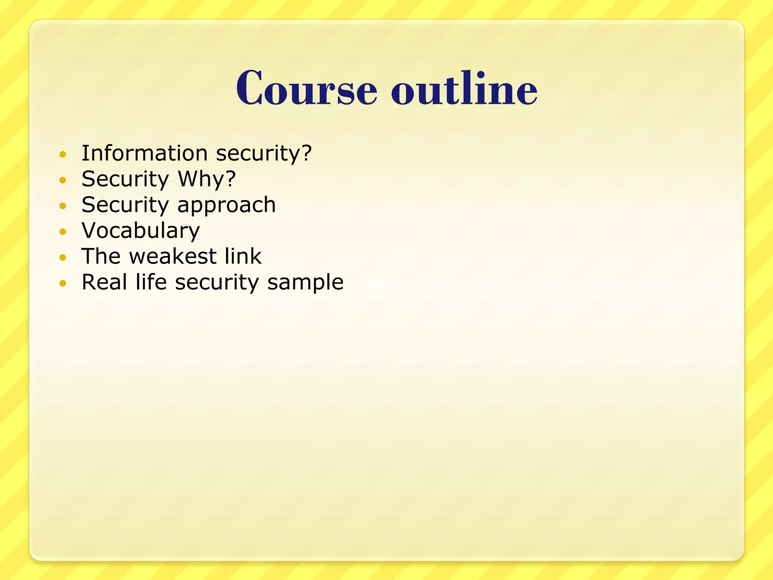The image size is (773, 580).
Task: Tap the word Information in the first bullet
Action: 145,153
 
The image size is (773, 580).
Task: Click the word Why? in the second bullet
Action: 207,179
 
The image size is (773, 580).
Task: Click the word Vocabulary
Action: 141,231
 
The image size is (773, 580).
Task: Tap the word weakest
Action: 172,256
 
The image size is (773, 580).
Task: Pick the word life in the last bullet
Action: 151,282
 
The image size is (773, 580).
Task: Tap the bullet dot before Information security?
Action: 63,154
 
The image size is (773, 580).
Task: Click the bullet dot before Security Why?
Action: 63,180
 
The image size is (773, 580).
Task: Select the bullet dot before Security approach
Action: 63,206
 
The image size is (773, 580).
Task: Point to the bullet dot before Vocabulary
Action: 63,231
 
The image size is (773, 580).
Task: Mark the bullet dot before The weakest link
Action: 63,258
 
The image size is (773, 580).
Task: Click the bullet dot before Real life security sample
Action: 63,283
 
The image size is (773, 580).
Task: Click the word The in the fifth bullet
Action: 101,256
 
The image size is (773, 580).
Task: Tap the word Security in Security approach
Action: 125,205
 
